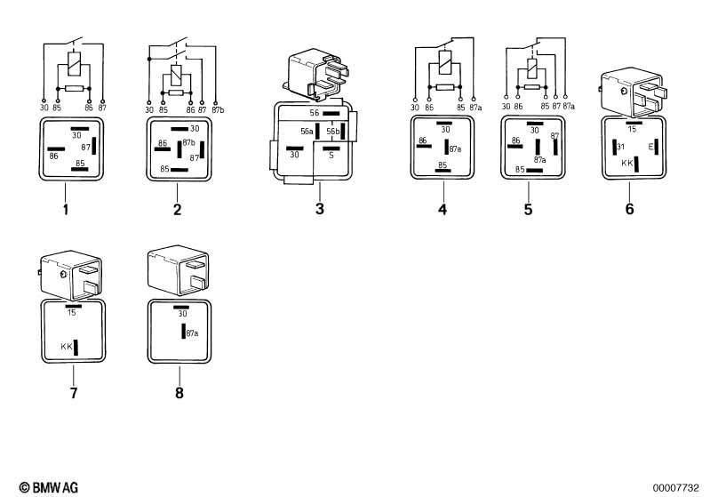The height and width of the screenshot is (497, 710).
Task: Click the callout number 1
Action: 66,210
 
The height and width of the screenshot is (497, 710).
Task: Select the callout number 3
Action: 320,209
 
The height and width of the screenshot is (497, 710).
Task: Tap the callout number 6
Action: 629,209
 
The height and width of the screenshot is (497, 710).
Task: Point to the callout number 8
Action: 179,393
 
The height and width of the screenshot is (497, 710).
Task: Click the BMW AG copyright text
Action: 49,487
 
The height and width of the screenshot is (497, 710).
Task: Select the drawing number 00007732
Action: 675,488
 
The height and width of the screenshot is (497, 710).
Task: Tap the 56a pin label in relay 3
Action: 307,132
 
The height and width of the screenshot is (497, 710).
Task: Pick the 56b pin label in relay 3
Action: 333,132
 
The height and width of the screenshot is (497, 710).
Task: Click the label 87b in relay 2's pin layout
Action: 188,142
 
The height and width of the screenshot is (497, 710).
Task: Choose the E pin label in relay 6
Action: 650,147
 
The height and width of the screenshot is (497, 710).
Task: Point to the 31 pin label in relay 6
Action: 621,147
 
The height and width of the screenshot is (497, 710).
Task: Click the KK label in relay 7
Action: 67,347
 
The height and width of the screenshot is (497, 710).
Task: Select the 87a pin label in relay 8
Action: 192,333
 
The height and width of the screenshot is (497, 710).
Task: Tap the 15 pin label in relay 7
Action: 72,312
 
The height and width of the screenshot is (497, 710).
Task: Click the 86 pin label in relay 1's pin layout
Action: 54,156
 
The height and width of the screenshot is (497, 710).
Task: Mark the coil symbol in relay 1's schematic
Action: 74,63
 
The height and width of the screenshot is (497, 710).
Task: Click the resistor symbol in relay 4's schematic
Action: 444,87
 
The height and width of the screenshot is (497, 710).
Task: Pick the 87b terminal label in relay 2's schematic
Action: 218,109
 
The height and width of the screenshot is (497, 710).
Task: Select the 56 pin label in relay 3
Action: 315,113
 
